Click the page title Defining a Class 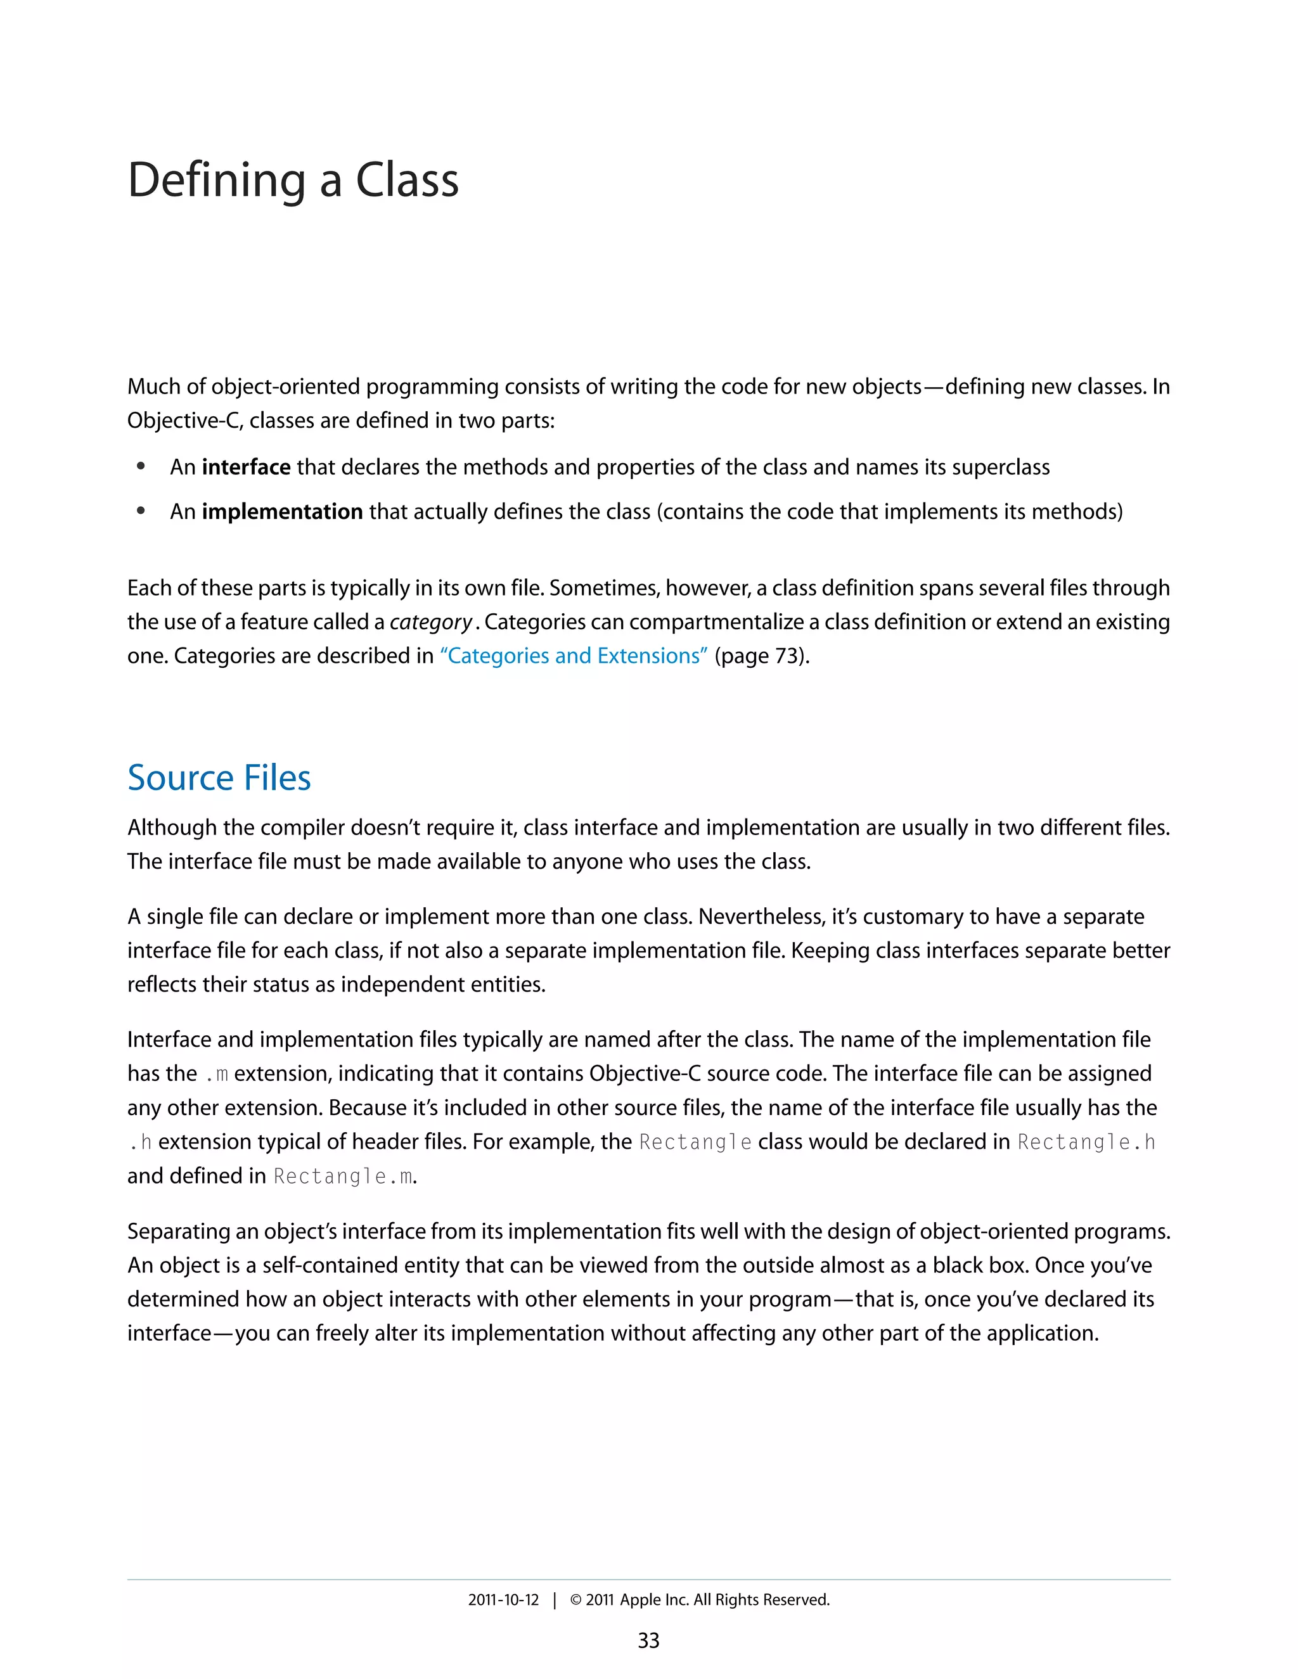tap(293, 181)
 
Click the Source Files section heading tap(219, 778)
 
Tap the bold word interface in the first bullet tap(246, 468)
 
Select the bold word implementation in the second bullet tap(282, 512)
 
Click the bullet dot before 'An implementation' tap(141, 511)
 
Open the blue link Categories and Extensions tap(574, 656)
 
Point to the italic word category tap(430, 622)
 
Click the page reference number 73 tap(785, 656)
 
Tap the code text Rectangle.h tap(1086, 1142)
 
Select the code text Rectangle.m tap(344, 1176)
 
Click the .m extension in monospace tap(217, 1075)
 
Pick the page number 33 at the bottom tap(648, 1640)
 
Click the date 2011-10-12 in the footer tap(504, 1600)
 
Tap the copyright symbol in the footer tap(575, 1600)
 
